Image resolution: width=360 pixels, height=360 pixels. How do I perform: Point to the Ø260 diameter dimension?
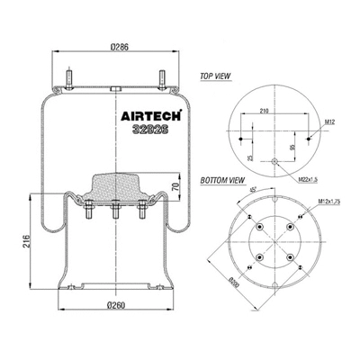pyautogui.click(x=116, y=304)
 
